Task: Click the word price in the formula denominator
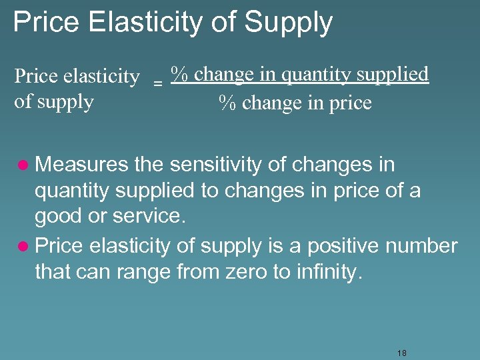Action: tap(348, 103)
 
